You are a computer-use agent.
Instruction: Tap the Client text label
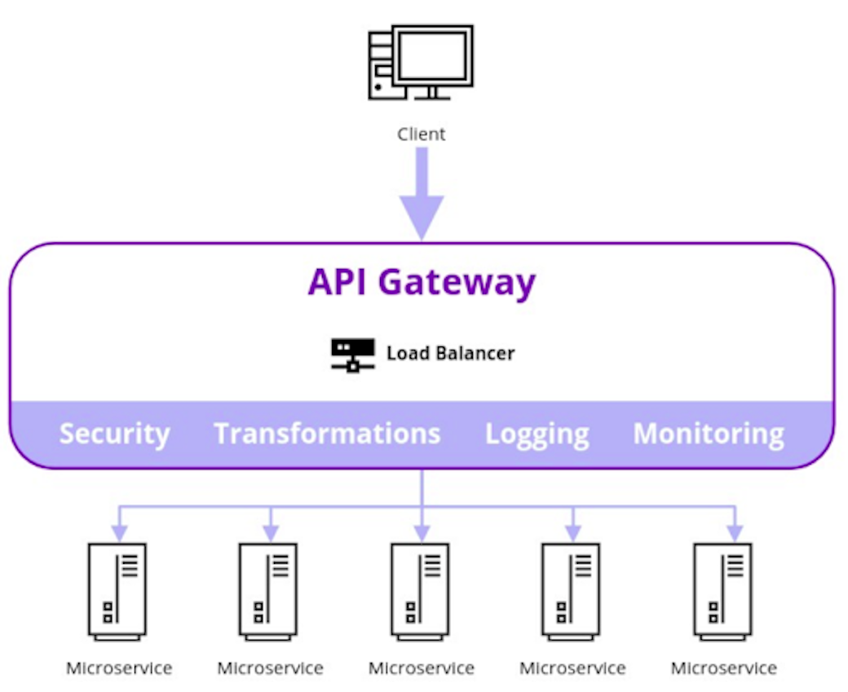tap(421, 134)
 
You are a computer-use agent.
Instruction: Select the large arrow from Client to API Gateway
tap(422, 196)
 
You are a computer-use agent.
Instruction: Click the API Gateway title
tap(422, 282)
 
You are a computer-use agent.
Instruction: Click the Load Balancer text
tap(450, 354)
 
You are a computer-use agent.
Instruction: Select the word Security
tap(114, 434)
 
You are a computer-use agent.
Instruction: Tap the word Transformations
tap(327, 434)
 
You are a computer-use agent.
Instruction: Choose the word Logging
tap(537, 434)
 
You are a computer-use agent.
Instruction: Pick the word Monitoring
tap(709, 434)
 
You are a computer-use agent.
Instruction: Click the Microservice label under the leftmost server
tap(119, 668)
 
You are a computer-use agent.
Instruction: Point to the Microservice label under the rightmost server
tap(723, 668)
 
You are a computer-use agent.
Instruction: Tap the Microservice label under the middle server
tap(421, 668)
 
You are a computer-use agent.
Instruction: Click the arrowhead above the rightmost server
tap(735, 533)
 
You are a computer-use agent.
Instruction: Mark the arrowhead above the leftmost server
tap(120, 533)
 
